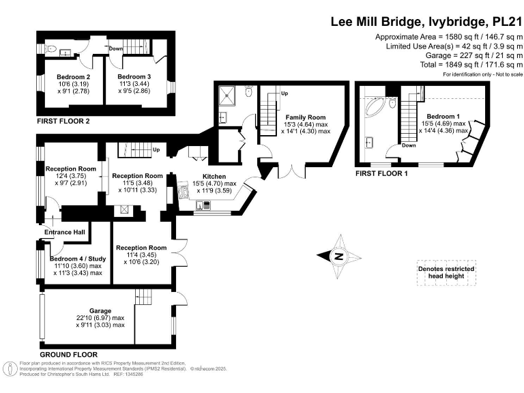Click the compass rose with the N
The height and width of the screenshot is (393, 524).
pos(337,256)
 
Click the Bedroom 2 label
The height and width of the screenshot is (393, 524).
pos(74,77)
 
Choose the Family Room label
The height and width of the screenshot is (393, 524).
pos(306,117)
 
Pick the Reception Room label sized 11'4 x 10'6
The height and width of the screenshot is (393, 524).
pos(141,247)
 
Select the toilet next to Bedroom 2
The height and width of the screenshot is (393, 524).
pos(53,50)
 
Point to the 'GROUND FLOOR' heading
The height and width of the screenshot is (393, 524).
pos(68,355)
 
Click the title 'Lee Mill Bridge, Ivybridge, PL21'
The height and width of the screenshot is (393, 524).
pos(426,21)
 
